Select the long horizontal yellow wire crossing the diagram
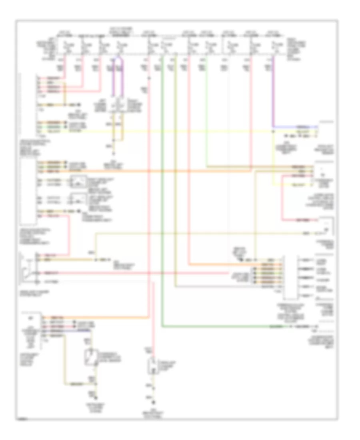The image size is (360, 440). pyautogui.click(x=180, y=131)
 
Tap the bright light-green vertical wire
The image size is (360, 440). pyautogui.click(x=206, y=112)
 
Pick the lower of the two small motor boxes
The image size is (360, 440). pyautogui.click(x=77, y=199)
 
